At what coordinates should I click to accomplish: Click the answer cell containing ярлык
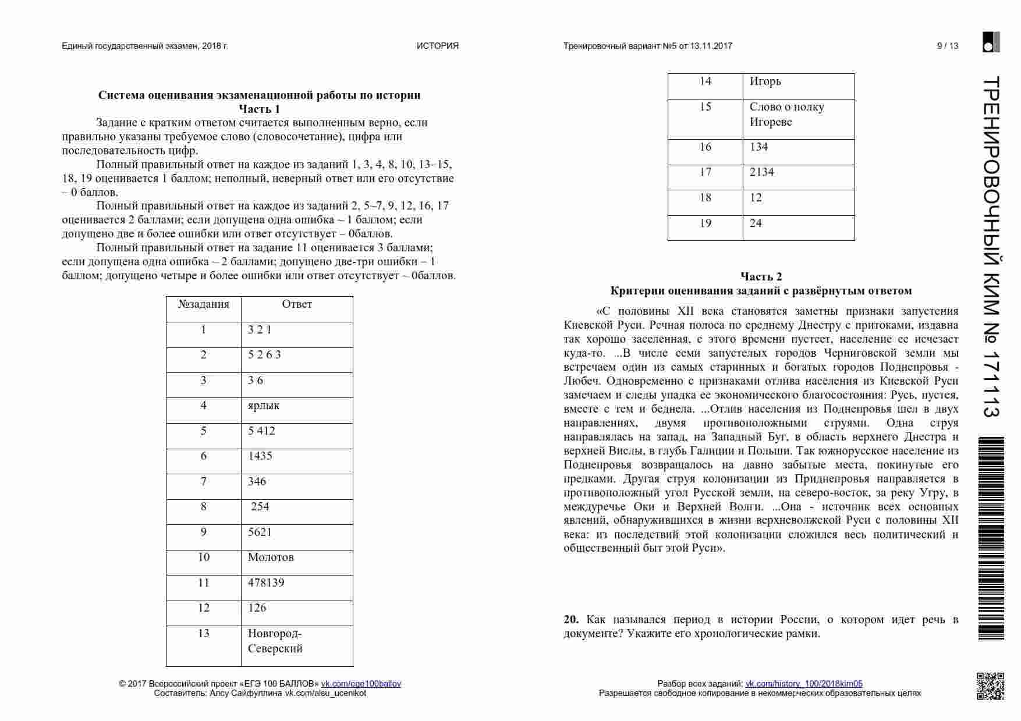click(264, 406)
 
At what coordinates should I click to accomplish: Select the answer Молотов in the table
click(271, 557)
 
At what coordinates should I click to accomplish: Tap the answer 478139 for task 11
click(266, 583)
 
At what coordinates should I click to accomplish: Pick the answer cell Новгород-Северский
click(275, 641)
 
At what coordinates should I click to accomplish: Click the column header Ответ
click(297, 304)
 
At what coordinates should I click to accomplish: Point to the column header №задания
click(204, 304)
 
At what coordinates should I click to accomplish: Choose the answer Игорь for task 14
click(765, 81)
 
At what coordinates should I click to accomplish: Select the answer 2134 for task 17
click(761, 172)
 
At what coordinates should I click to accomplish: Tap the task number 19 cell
click(706, 223)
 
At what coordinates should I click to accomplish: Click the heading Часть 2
click(761, 276)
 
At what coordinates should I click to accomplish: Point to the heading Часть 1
click(259, 109)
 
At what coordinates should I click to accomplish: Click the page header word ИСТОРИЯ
click(437, 46)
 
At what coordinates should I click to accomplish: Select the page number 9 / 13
click(947, 46)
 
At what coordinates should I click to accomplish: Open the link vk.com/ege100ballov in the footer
click(361, 684)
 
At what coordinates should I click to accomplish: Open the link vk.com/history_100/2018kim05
click(804, 684)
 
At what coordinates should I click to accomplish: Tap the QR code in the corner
click(990, 686)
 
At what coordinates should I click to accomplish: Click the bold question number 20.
click(570, 620)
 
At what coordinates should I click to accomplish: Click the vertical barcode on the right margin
click(992, 538)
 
